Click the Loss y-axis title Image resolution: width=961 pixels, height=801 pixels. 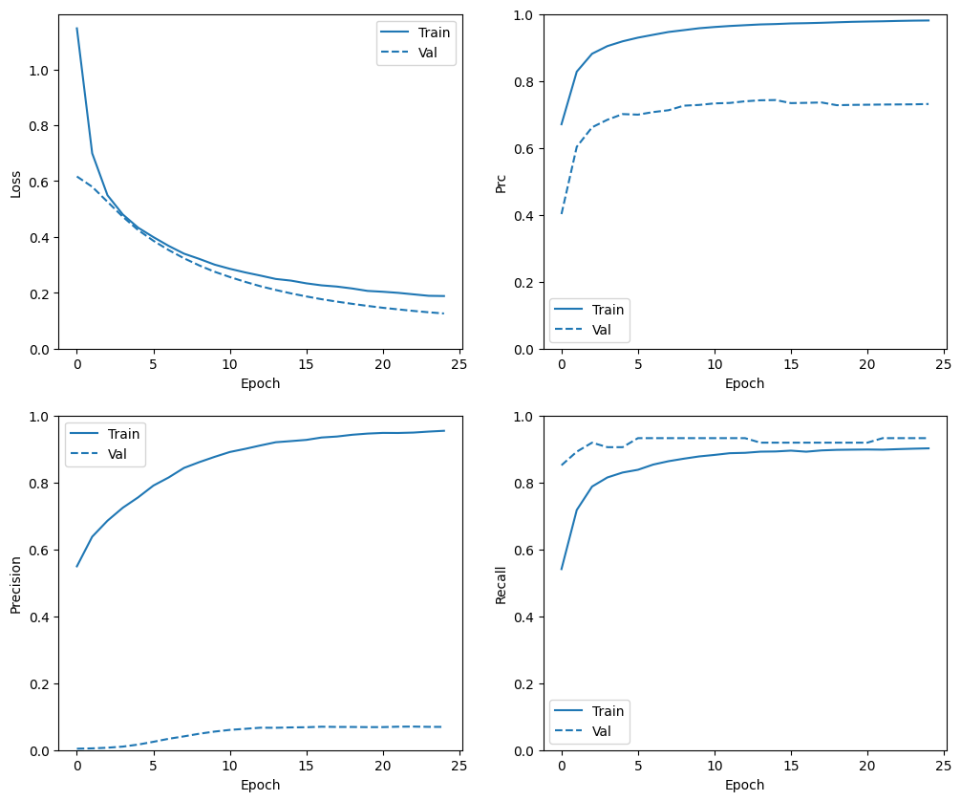pos(15,183)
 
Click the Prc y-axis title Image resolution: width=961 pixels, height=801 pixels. pos(500,183)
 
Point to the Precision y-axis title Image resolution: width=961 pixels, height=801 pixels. pos(15,584)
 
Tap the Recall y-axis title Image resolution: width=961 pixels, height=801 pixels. pos(500,584)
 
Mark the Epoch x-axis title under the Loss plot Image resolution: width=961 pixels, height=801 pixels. pos(260,383)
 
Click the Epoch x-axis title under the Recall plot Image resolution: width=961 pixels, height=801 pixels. pos(744,785)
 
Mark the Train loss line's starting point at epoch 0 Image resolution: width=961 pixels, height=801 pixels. pos(77,29)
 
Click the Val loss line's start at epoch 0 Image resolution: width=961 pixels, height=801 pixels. pos(77,177)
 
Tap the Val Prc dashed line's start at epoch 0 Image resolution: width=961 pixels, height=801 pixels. pos(562,213)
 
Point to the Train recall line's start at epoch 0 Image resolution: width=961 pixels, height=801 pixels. pos(562,570)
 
